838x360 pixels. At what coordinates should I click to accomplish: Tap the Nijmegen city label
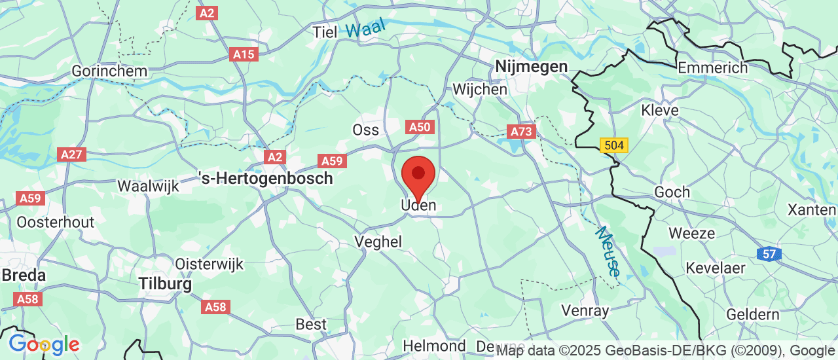pos(531,66)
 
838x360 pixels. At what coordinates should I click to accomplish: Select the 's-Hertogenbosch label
pos(266,177)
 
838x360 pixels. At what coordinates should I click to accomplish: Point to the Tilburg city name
pos(166,284)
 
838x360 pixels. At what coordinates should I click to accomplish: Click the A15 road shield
pos(244,54)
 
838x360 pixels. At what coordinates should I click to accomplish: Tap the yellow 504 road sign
pos(614,145)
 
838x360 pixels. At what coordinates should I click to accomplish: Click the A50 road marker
pos(419,126)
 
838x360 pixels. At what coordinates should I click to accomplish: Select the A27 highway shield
pos(71,154)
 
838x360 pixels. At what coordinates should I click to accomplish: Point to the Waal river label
pos(366,28)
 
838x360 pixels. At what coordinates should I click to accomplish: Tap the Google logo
pos(44,344)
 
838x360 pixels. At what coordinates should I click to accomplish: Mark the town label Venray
pos(586,310)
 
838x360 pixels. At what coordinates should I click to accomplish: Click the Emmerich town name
pos(712,67)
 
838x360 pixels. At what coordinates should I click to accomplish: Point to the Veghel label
pos(378,242)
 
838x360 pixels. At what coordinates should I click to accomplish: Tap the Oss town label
pos(365,130)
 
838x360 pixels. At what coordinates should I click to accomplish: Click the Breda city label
pos(24,275)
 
